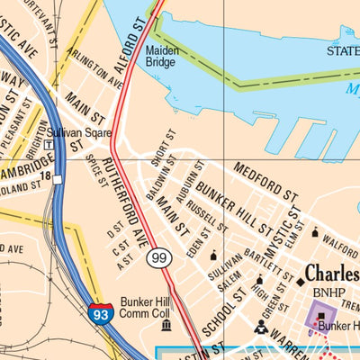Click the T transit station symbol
pyautogui.click(x=48, y=144)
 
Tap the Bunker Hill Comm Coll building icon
pyautogui.click(x=165, y=324)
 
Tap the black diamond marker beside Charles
pyautogui.click(x=301, y=283)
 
